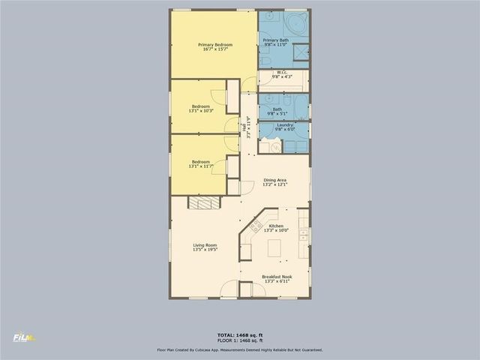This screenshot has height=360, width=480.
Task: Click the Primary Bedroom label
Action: tap(215, 45)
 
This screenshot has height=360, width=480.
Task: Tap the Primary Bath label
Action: tap(275, 40)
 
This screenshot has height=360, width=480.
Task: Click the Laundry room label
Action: tap(284, 124)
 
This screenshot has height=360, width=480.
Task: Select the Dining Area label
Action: tap(275, 181)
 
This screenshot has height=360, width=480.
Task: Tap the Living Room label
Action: tap(205, 245)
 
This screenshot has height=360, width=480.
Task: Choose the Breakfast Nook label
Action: tap(277, 277)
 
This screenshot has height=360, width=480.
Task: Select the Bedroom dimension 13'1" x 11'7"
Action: tap(200, 166)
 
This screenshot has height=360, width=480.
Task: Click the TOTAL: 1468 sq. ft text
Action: tap(239, 334)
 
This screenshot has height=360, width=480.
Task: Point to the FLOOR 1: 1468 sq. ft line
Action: tap(239, 340)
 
